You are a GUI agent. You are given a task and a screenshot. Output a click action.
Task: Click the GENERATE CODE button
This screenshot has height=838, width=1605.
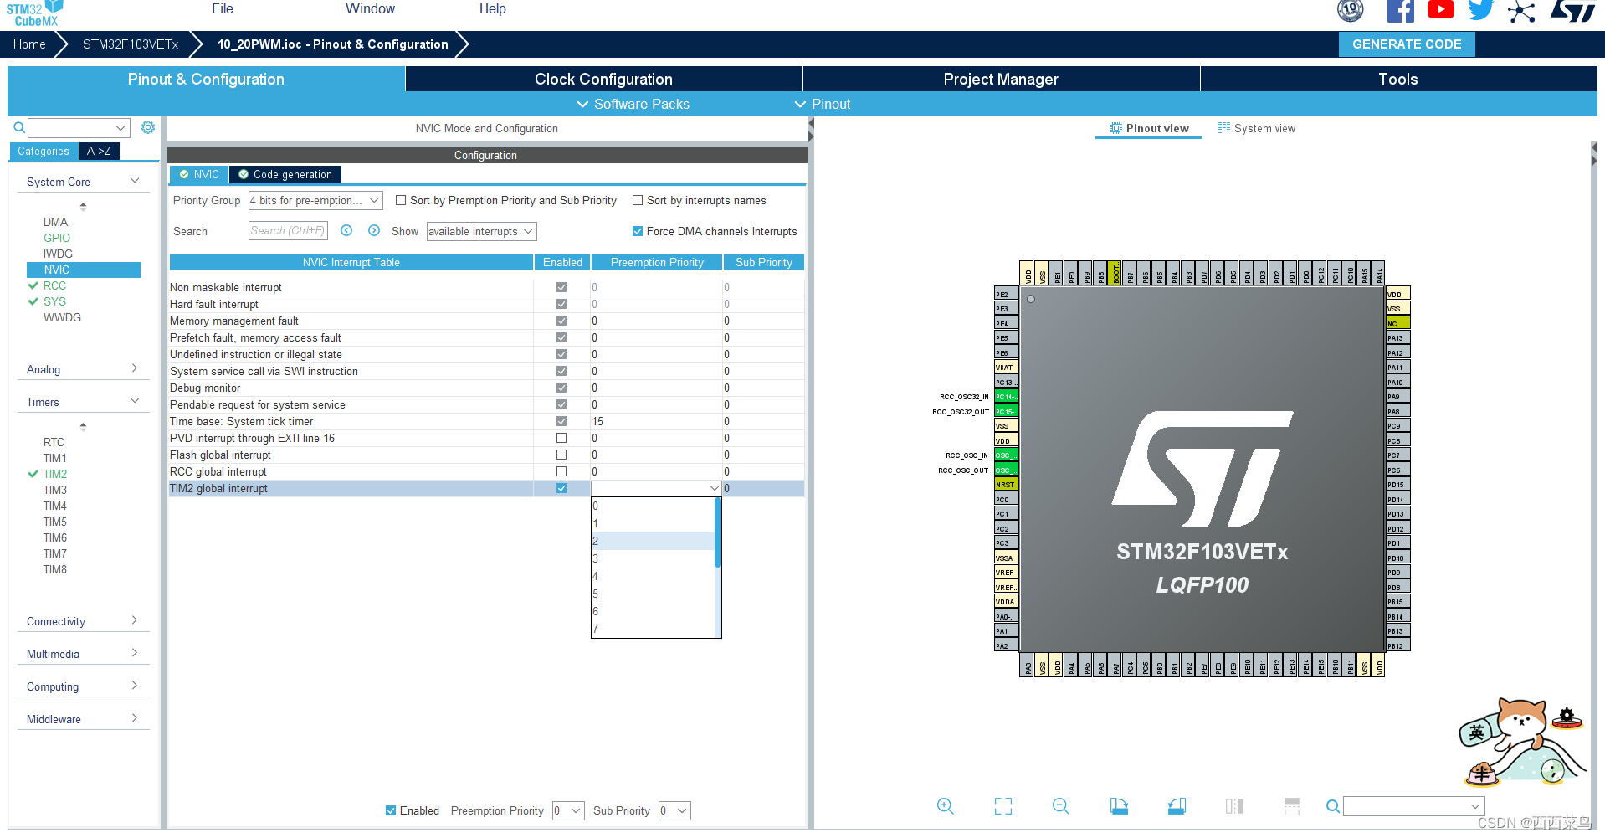click(1406, 44)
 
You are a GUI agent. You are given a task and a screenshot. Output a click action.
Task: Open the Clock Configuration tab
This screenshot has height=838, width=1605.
click(603, 80)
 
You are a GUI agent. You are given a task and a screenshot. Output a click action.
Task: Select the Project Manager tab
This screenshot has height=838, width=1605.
click(1000, 80)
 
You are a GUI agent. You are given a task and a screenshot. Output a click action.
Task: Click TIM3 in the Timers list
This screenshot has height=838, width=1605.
click(55, 490)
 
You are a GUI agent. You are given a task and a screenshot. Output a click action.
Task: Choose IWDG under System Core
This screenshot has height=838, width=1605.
click(58, 254)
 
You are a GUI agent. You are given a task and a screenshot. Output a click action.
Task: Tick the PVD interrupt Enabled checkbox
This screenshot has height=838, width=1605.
click(561, 438)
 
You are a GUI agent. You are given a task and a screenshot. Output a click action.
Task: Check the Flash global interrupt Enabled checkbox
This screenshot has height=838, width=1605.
click(561, 455)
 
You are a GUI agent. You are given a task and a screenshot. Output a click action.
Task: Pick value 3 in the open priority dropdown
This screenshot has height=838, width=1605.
click(653, 558)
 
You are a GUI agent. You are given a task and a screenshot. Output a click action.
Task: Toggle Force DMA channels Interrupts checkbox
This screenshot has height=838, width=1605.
click(638, 231)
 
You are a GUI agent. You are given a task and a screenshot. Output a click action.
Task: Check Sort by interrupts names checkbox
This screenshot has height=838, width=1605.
click(638, 200)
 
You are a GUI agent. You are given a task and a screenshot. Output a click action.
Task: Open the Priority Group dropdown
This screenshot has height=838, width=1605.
click(315, 200)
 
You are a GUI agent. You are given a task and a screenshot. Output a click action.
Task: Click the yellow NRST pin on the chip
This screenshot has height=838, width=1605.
click(1005, 485)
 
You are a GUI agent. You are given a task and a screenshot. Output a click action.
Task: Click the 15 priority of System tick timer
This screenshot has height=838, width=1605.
click(597, 421)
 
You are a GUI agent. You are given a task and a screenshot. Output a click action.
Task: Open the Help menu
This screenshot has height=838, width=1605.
click(492, 9)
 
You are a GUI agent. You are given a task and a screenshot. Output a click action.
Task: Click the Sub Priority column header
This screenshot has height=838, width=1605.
click(763, 262)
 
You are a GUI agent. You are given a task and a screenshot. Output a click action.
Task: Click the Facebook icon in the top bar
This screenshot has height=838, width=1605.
click(1400, 11)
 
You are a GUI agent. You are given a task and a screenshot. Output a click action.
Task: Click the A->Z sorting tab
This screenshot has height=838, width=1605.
click(99, 151)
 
